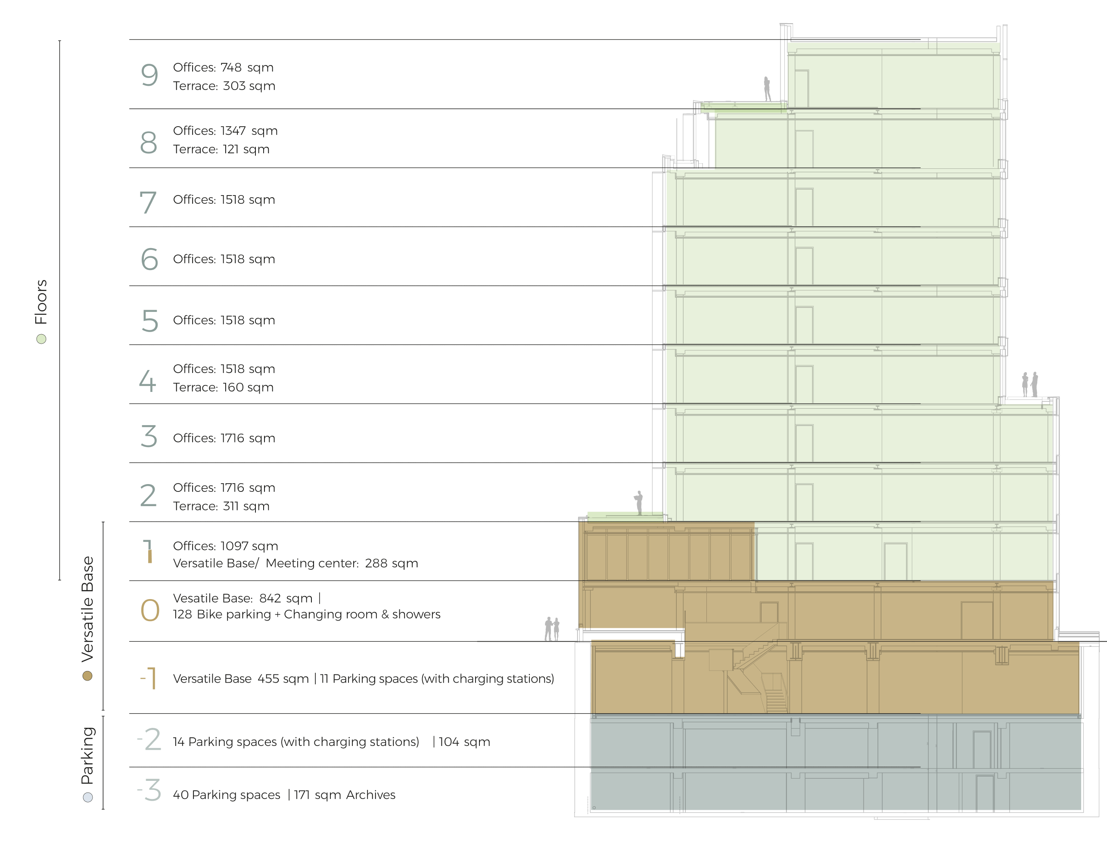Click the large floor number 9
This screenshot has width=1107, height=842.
(149, 76)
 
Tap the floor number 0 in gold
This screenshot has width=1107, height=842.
(150, 610)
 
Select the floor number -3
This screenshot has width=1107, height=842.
(149, 790)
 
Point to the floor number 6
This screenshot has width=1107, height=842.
(149, 260)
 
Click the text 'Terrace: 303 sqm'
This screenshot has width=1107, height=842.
(224, 86)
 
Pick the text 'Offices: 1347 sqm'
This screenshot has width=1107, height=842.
(225, 131)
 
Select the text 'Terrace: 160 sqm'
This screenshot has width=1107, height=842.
(223, 388)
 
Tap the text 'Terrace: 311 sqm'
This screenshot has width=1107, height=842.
(221, 506)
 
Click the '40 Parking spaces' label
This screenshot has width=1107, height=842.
(227, 795)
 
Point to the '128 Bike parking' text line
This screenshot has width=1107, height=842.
(306, 615)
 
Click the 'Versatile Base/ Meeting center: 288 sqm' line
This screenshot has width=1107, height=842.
(295, 563)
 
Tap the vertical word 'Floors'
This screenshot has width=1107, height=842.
(40, 302)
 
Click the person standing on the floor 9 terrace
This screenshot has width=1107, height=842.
(767, 89)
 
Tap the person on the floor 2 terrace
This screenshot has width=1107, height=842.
(639, 503)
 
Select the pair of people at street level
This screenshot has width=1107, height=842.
(552, 629)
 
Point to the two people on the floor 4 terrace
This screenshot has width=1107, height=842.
(1030, 385)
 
